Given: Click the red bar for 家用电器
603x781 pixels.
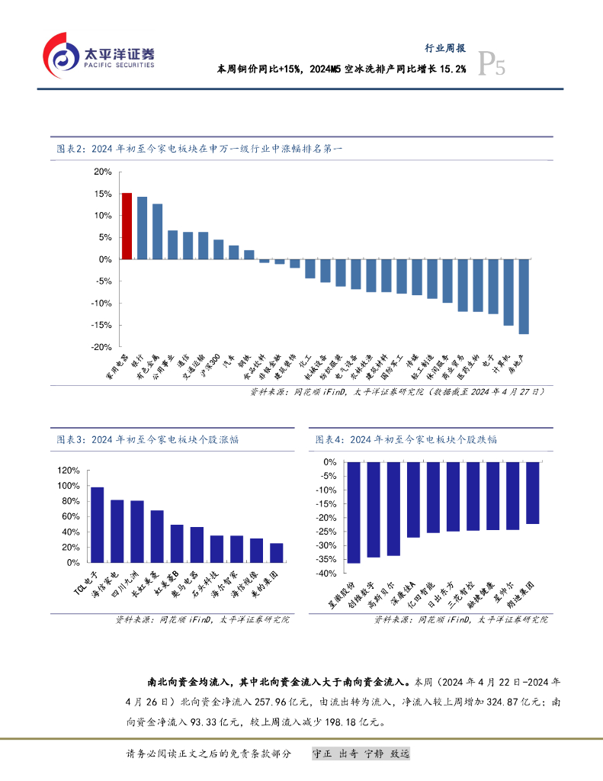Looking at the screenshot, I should [127, 226].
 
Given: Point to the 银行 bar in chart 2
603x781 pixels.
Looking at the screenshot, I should [142, 228].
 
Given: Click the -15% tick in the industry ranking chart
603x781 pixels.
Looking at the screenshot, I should [101, 325].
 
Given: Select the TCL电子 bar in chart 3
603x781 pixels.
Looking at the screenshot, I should [98, 525].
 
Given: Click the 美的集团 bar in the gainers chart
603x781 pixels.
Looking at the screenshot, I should [255, 553].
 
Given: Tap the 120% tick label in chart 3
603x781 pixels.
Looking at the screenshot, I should [69, 471].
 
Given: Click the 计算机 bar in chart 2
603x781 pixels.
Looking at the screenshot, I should [508, 292].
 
